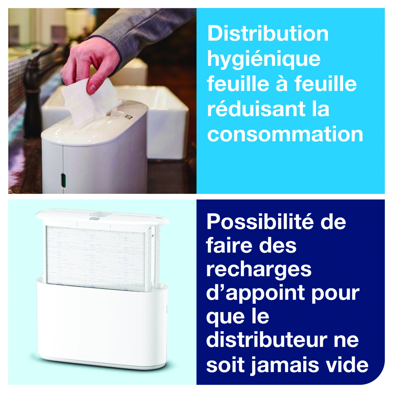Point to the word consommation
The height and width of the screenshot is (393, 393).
tap(285, 135)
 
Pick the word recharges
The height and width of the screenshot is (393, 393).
tap(259, 271)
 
